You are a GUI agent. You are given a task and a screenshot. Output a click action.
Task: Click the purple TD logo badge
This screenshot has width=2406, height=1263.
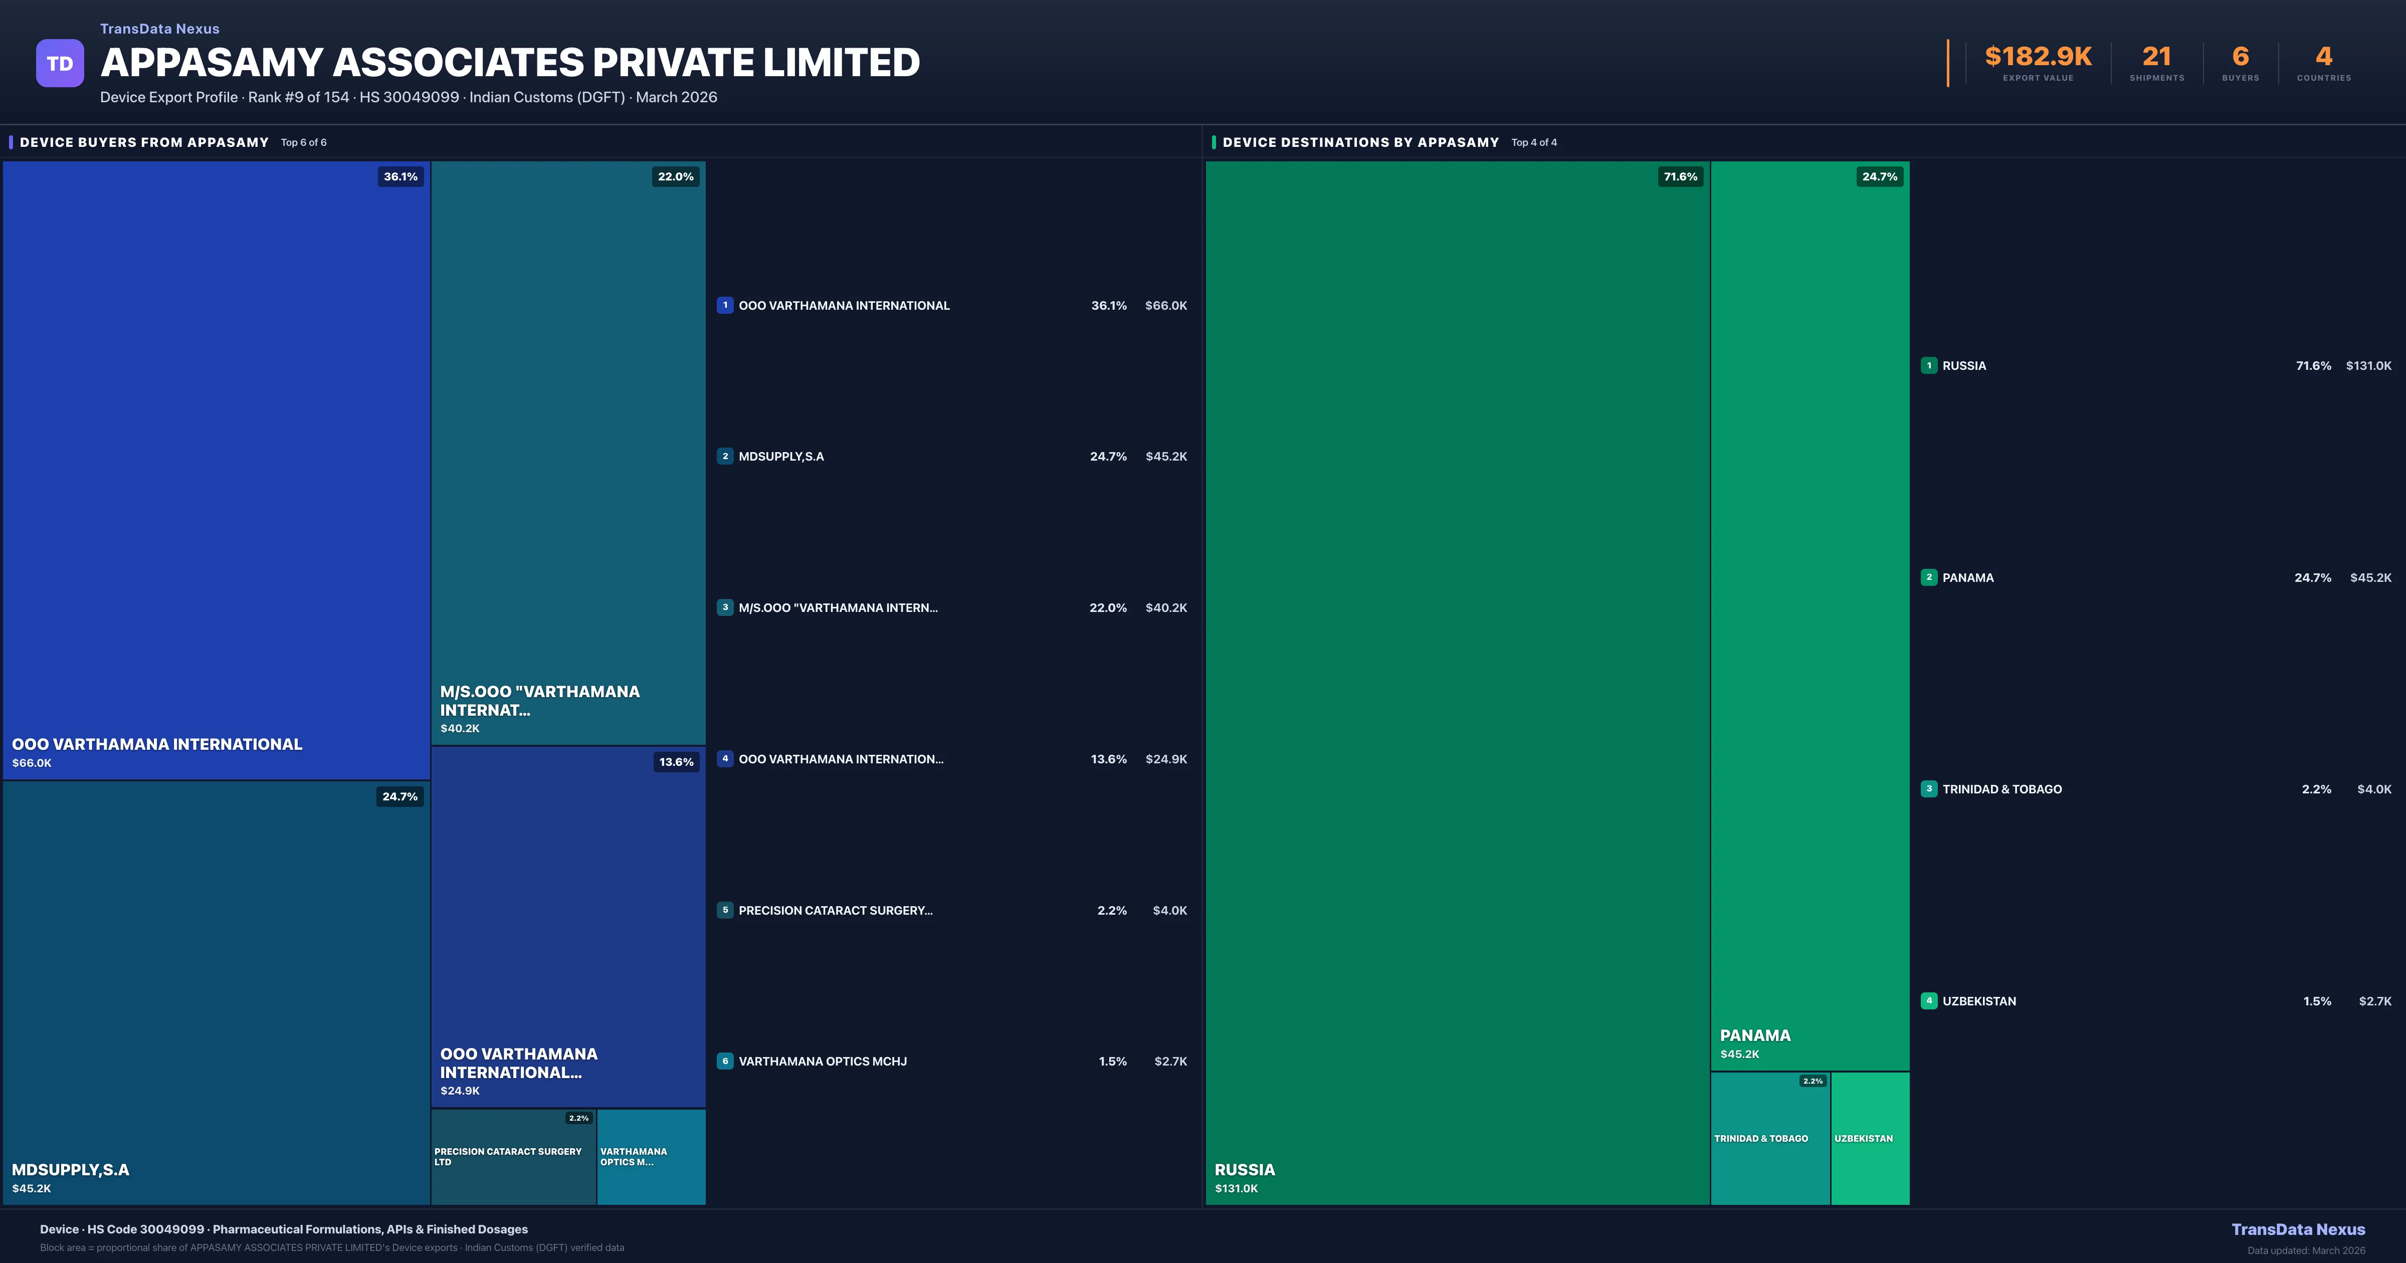click(x=60, y=64)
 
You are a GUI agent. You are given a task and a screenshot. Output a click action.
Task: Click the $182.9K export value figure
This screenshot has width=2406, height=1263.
click(x=2038, y=57)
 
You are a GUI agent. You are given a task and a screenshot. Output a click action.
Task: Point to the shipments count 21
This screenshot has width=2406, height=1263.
click(x=2156, y=57)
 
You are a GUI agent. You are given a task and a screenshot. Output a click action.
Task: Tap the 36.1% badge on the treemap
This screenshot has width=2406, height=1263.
click(x=400, y=176)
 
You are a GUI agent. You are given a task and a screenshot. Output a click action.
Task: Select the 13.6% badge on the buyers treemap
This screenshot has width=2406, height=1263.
click(x=676, y=762)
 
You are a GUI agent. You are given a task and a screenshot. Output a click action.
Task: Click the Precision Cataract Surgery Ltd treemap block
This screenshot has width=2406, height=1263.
click(x=513, y=1157)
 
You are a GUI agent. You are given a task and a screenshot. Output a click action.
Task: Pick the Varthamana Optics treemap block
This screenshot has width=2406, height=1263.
click(x=651, y=1157)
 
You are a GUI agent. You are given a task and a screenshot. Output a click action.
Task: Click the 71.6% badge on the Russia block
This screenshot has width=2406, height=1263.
click(x=1680, y=176)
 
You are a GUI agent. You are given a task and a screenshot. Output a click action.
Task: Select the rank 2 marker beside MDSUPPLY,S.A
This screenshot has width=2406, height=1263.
click(x=725, y=457)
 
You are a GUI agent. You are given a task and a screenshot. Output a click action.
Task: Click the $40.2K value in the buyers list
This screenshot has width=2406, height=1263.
click(x=1165, y=608)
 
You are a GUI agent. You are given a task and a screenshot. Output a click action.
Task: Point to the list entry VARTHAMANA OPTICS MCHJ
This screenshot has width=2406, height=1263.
click(x=822, y=1061)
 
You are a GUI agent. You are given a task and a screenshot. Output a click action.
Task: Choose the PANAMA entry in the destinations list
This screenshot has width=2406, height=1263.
click(x=1968, y=577)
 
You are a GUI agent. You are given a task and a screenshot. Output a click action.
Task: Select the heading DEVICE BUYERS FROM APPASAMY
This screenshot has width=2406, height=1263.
click(x=144, y=142)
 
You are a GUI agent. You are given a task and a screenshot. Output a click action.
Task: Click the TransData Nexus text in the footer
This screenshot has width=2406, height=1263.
click(x=2298, y=1229)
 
